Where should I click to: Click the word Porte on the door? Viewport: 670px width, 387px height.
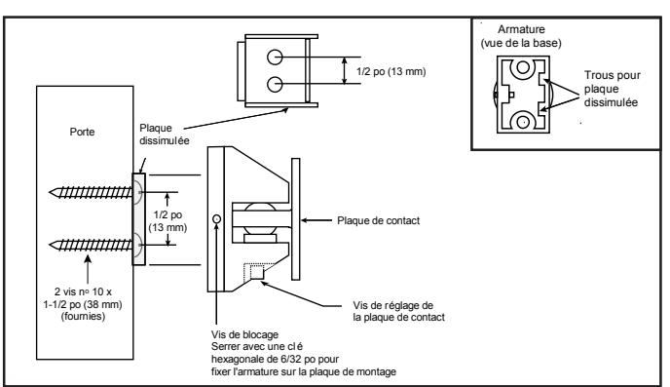click(82, 132)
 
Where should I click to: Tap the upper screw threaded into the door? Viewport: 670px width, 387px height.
click(91, 192)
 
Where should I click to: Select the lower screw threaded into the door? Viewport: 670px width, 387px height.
click(91, 245)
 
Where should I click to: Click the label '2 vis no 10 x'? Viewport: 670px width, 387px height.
click(83, 292)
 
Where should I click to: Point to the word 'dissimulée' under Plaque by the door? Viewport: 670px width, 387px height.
click(164, 140)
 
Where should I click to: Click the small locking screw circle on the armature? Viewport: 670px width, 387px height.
click(216, 219)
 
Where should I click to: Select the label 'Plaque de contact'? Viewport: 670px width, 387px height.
click(378, 220)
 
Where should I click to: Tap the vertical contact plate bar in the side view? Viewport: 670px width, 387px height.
click(296, 219)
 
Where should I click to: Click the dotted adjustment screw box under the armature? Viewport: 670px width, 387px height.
click(254, 271)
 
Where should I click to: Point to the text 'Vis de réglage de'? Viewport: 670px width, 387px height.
click(392, 306)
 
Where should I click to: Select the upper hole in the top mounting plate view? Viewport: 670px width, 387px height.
click(275, 58)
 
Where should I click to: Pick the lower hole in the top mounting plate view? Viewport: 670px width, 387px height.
click(275, 84)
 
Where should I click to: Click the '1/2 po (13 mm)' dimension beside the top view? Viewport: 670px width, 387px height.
click(391, 71)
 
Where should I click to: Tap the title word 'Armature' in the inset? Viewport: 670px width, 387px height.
click(521, 29)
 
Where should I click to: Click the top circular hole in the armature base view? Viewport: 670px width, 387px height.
click(523, 67)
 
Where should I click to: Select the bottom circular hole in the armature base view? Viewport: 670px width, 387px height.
click(523, 122)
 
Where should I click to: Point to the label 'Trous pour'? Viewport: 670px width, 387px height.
click(613, 75)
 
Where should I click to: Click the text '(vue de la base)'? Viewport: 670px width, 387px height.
click(521, 43)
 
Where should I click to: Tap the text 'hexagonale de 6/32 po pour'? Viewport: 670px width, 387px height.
click(275, 359)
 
